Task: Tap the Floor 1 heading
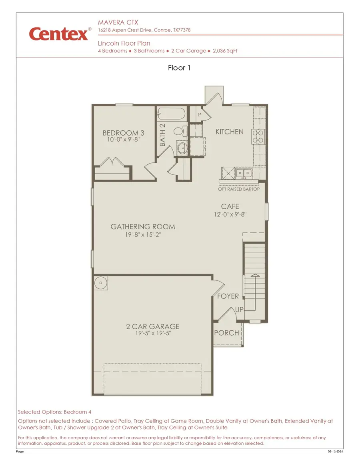pos(179,68)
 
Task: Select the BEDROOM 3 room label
pos(123,133)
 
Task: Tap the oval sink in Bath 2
pos(182,148)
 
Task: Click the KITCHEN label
pos(229,132)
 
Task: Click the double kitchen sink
pos(243,173)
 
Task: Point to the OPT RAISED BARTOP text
pos(239,189)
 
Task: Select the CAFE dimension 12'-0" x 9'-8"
pos(230,214)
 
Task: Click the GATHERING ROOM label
pos(143,227)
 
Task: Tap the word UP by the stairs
pos(240,310)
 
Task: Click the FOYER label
pos(228,296)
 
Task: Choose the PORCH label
pos(226,333)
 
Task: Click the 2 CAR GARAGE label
pos(153,326)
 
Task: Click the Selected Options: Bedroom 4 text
pos(55,412)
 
